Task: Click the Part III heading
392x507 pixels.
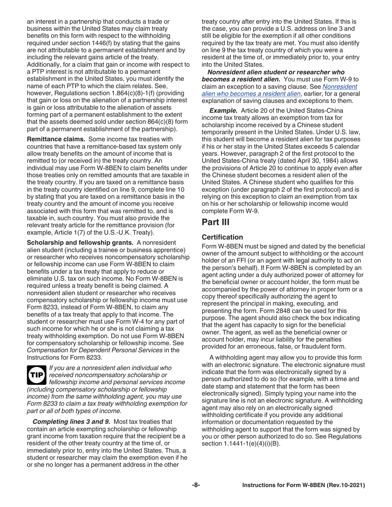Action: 215,223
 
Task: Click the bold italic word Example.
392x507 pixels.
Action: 223,110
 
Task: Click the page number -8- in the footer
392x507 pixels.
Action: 196,486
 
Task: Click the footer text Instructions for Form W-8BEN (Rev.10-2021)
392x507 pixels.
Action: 304,486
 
